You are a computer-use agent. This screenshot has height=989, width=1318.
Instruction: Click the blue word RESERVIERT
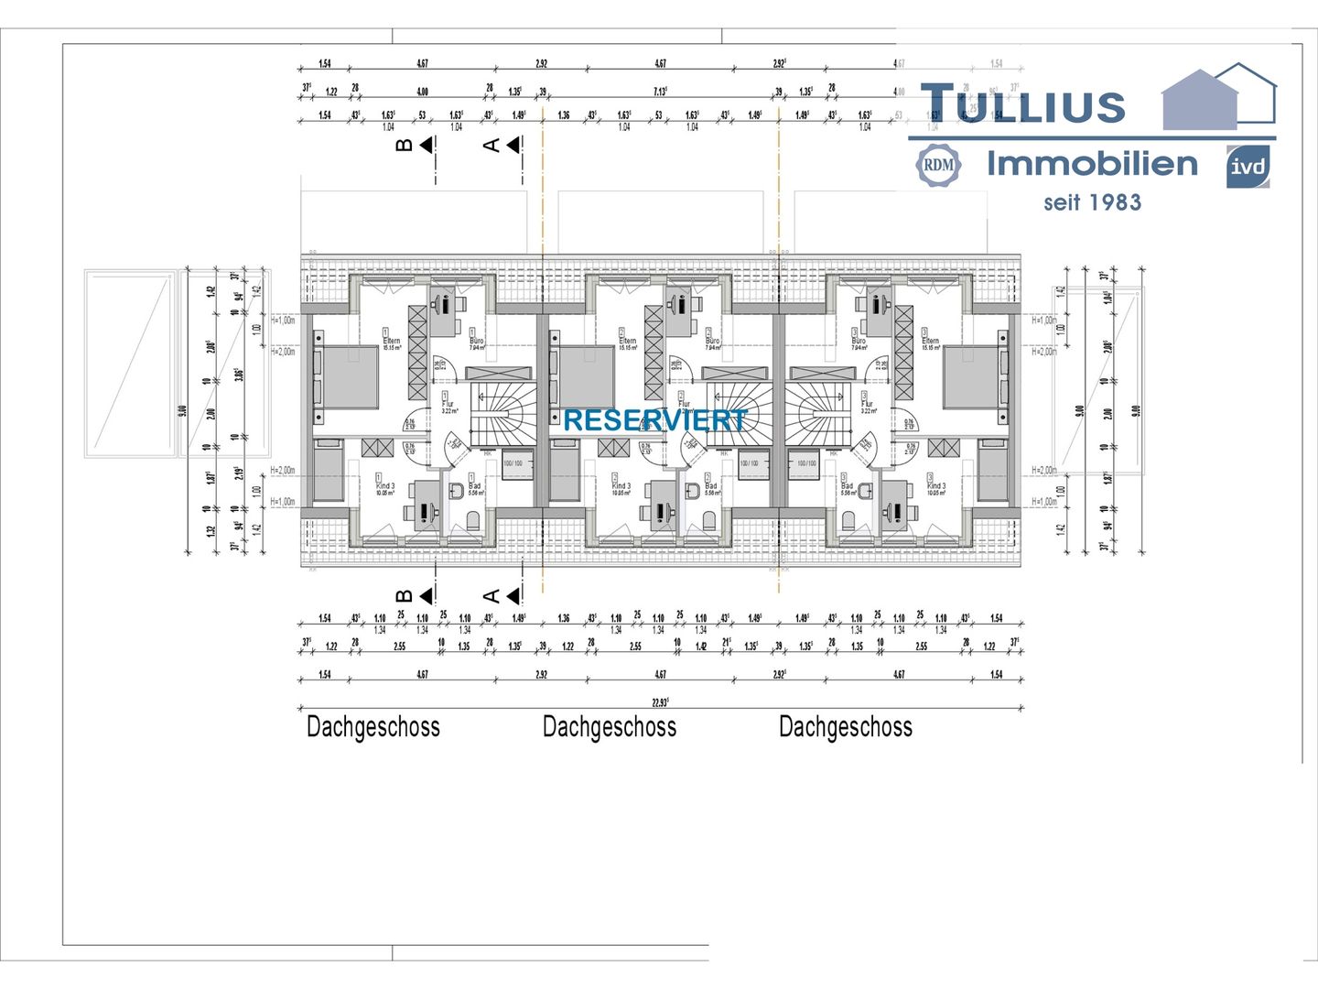click(655, 420)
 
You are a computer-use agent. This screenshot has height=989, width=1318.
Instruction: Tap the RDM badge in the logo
click(938, 166)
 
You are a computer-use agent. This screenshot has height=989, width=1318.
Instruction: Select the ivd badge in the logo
click(1248, 167)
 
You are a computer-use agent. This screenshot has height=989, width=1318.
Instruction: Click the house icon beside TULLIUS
click(1218, 97)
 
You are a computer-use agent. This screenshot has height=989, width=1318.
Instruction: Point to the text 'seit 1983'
click(1092, 202)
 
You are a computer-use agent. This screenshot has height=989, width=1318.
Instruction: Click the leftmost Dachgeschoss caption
click(373, 727)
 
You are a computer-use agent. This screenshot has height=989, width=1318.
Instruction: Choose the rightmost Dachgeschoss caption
click(846, 727)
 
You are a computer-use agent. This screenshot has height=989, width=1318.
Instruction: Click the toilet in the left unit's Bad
click(474, 521)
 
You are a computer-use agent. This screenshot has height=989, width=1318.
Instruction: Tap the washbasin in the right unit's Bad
click(865, 491)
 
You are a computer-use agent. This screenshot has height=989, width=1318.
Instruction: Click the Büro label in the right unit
click(859, 341)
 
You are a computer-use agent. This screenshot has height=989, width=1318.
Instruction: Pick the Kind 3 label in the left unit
click(385, 486)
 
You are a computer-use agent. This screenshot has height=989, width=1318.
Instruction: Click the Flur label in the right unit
click(867, 404)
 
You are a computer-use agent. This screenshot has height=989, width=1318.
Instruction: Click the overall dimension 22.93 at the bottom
click(660, 701)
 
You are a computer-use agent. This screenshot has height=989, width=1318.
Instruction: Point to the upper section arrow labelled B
click(427, 145)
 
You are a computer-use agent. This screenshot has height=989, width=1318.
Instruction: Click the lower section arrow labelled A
click(513, 596)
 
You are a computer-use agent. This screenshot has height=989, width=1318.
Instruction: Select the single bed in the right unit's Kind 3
click(995, 472)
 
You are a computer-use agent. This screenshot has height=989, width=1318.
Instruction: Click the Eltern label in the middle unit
click(627, 341)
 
